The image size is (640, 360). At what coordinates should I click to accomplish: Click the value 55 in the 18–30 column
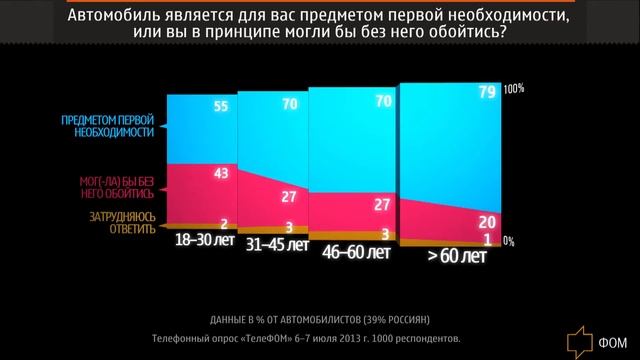pyautogui.click(x=222, y=106)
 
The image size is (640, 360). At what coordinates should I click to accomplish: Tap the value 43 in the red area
pyautogui.click(x=222, y=174)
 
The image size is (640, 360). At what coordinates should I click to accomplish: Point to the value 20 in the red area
pyautogui.click(x=487, y=221)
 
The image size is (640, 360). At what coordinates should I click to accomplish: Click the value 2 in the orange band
pyautogui.click(x=225, y=224)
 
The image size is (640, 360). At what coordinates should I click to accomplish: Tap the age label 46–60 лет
pyautogui.click(x=356, y=253)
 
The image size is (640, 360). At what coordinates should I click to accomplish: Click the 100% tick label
pyautogui.click(x=513, y=89)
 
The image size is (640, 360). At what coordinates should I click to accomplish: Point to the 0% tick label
pyautogui.click(x=508, y=241)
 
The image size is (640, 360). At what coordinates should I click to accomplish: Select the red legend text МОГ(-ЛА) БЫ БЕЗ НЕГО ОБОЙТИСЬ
pyautogui.click(x=117, y=189)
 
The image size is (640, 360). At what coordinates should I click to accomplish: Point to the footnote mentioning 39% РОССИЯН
pyautogui.click(x=320, y=320)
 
